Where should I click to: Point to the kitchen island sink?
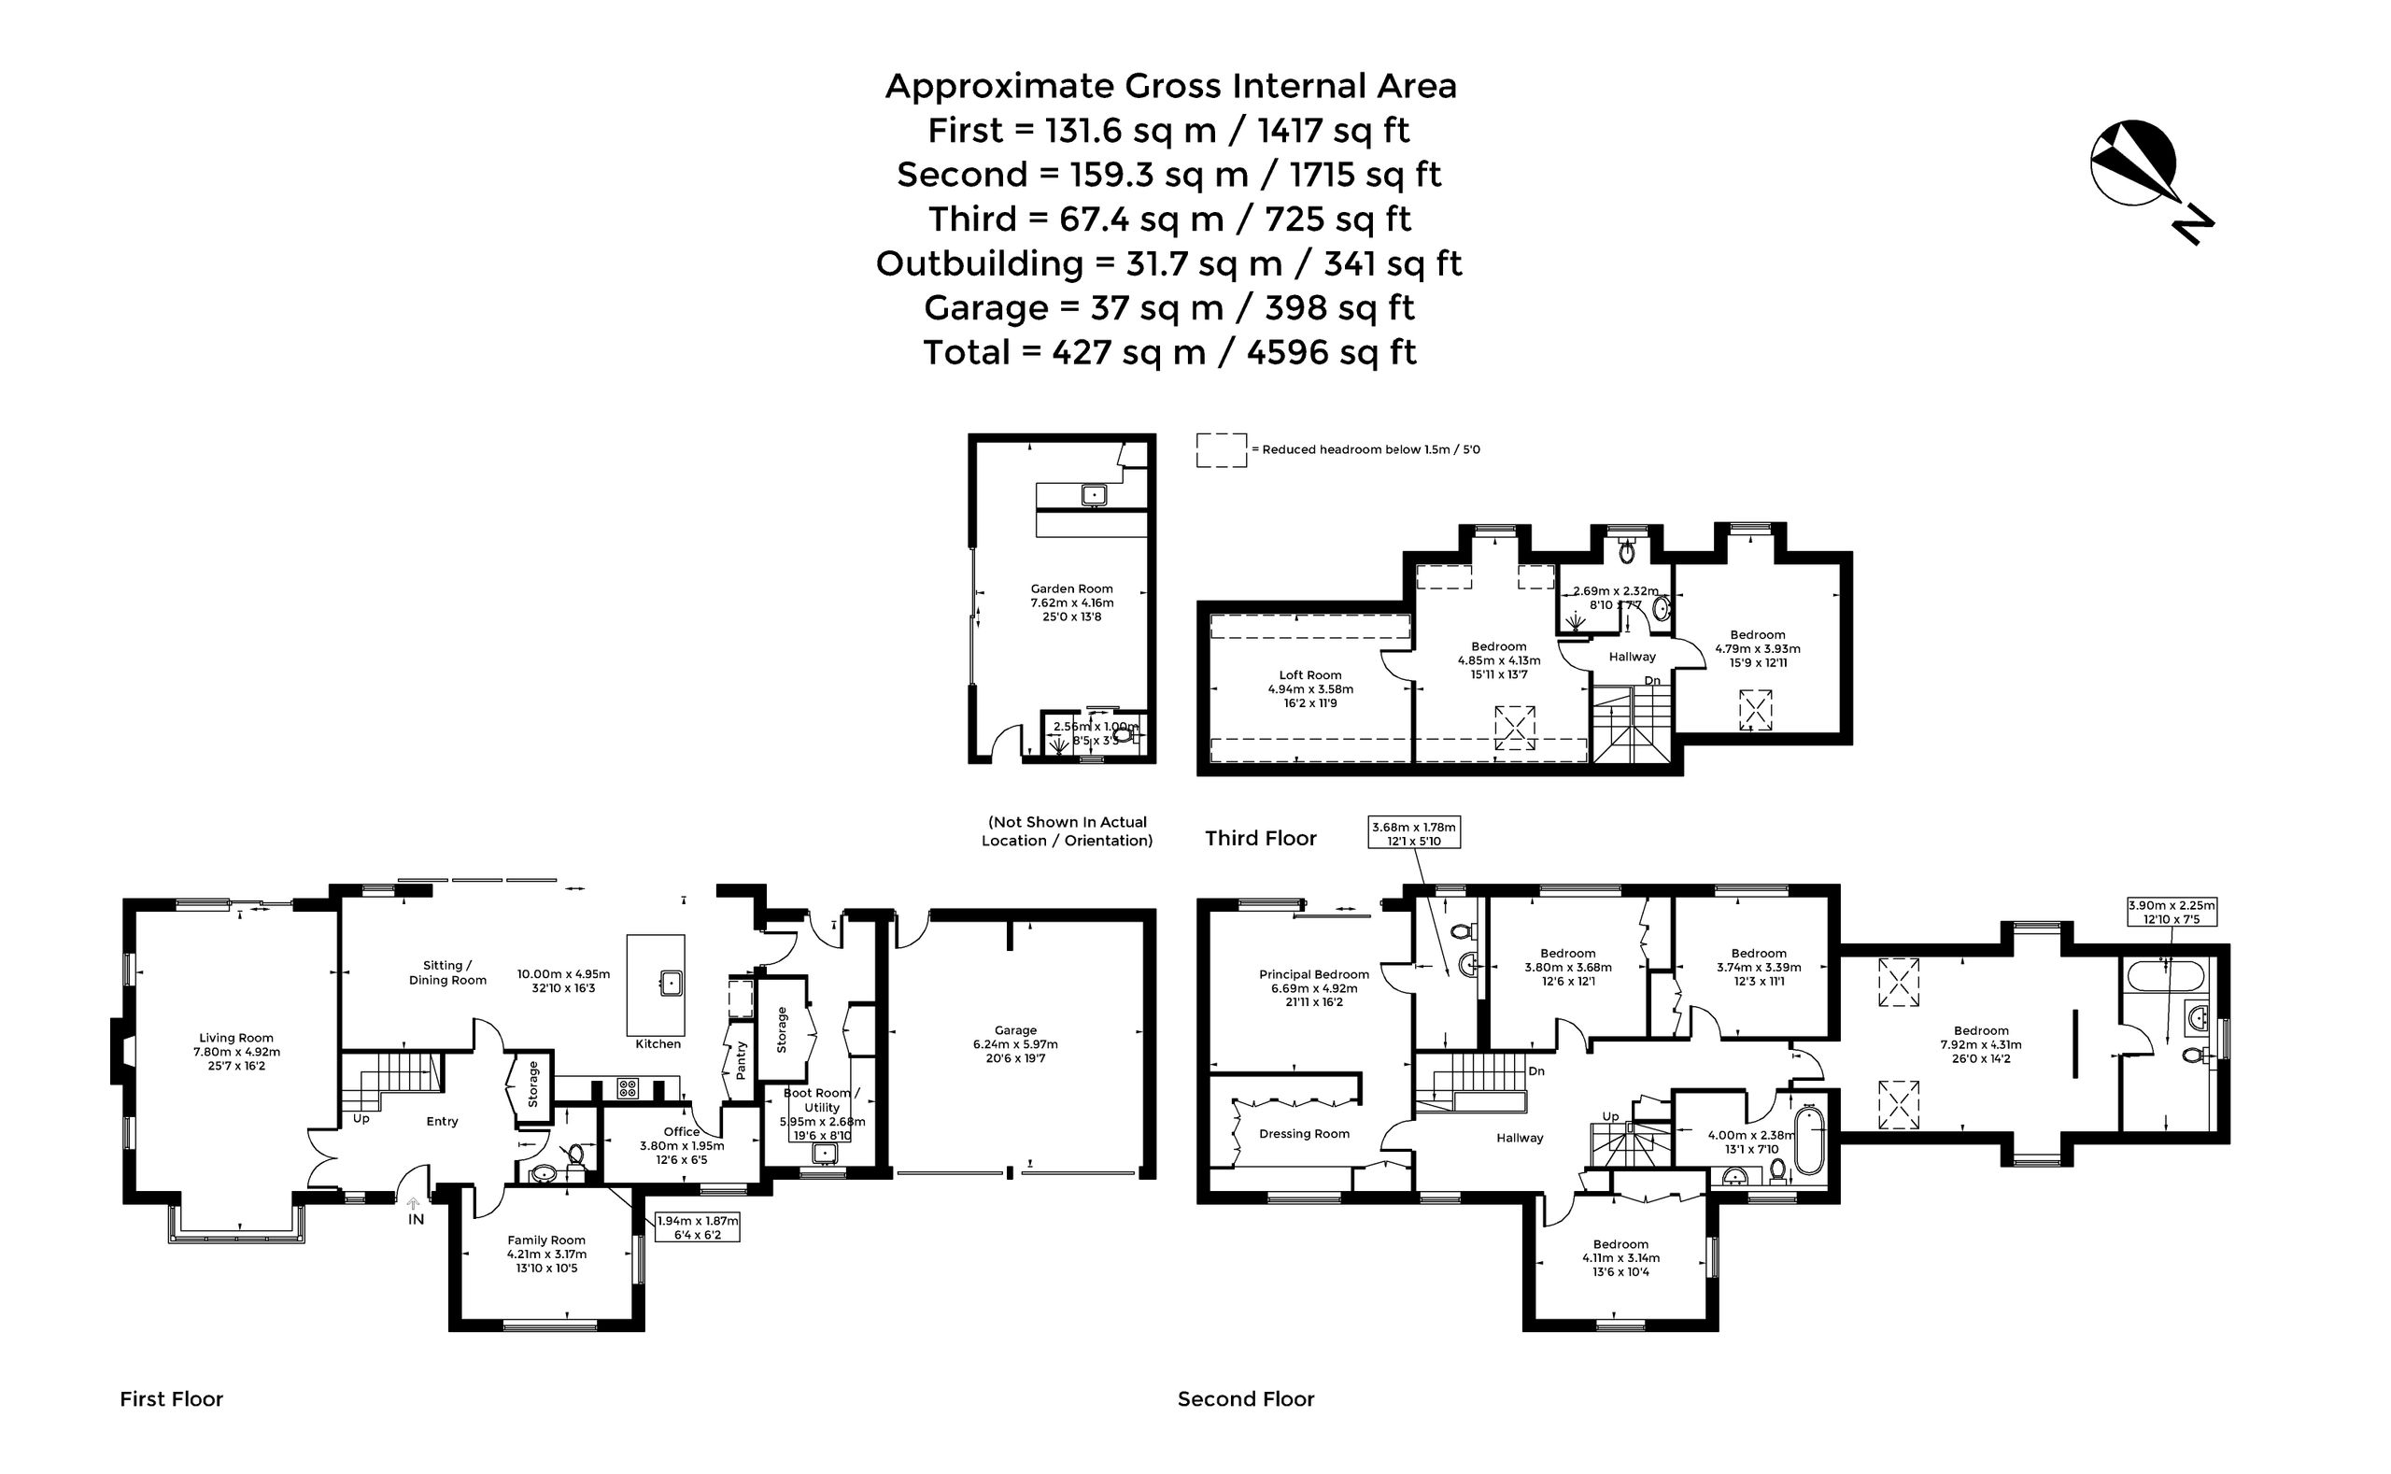(x=671, y=982)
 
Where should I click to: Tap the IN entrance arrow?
(x=413, y=1205)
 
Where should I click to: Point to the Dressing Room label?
(x=1304, y=1134)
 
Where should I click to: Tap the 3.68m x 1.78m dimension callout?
(x=1413, y=833)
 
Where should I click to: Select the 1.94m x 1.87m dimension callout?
(x=698, y=1226)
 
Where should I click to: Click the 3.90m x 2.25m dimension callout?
(x=2171, y=912)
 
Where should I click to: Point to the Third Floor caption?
(x=1260, y=839)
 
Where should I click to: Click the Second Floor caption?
(x=1246, y=1399)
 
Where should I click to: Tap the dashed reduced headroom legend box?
(x=1222, y=449)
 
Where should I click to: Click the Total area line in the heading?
(x=1169, y=352)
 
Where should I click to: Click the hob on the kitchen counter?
(x=628, y=1088)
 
